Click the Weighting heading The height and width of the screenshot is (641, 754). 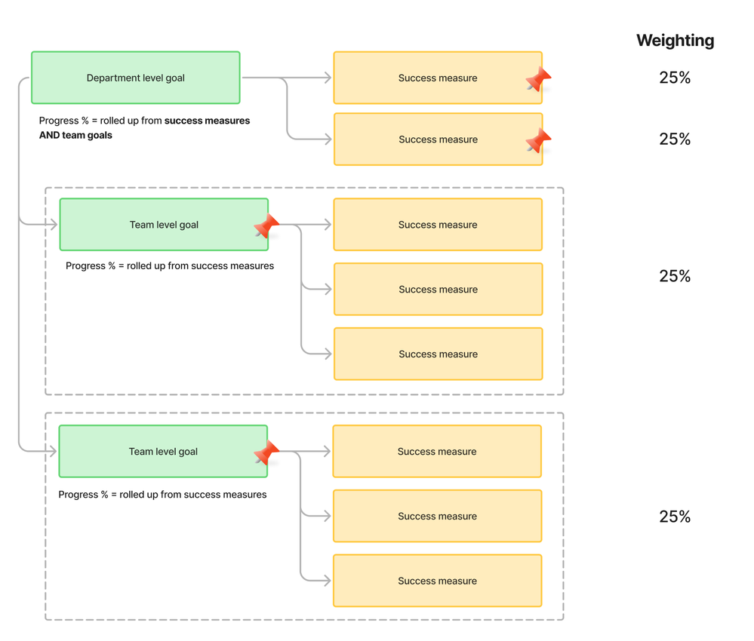(676, 41)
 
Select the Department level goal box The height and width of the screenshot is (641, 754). (136, 78)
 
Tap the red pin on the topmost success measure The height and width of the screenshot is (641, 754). (538, 78)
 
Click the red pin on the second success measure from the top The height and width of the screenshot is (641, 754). (538, 140)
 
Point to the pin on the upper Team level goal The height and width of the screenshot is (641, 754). (266, 225)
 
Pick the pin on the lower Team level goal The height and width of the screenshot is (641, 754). (266, 452)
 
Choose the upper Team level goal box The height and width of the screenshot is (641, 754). (164, 225)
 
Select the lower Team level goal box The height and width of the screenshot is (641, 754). (163, 451)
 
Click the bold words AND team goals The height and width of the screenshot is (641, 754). (75, 136)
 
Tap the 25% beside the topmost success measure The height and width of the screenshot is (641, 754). (675, 78)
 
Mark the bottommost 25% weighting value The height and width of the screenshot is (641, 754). (675, 517)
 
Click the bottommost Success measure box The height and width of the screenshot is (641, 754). (438, 581)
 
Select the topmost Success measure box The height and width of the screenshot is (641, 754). (438, 78)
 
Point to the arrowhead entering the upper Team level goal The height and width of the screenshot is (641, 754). (52, 224)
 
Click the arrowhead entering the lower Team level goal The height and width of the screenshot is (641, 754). (52, 451)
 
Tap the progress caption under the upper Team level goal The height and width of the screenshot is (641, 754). (170, 265)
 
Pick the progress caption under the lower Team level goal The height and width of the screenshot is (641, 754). (162, 495)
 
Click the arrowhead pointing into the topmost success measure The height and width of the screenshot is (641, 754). (327, 78)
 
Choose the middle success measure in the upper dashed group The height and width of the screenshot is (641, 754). (438, 290)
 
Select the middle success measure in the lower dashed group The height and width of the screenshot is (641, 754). (438, 516)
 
